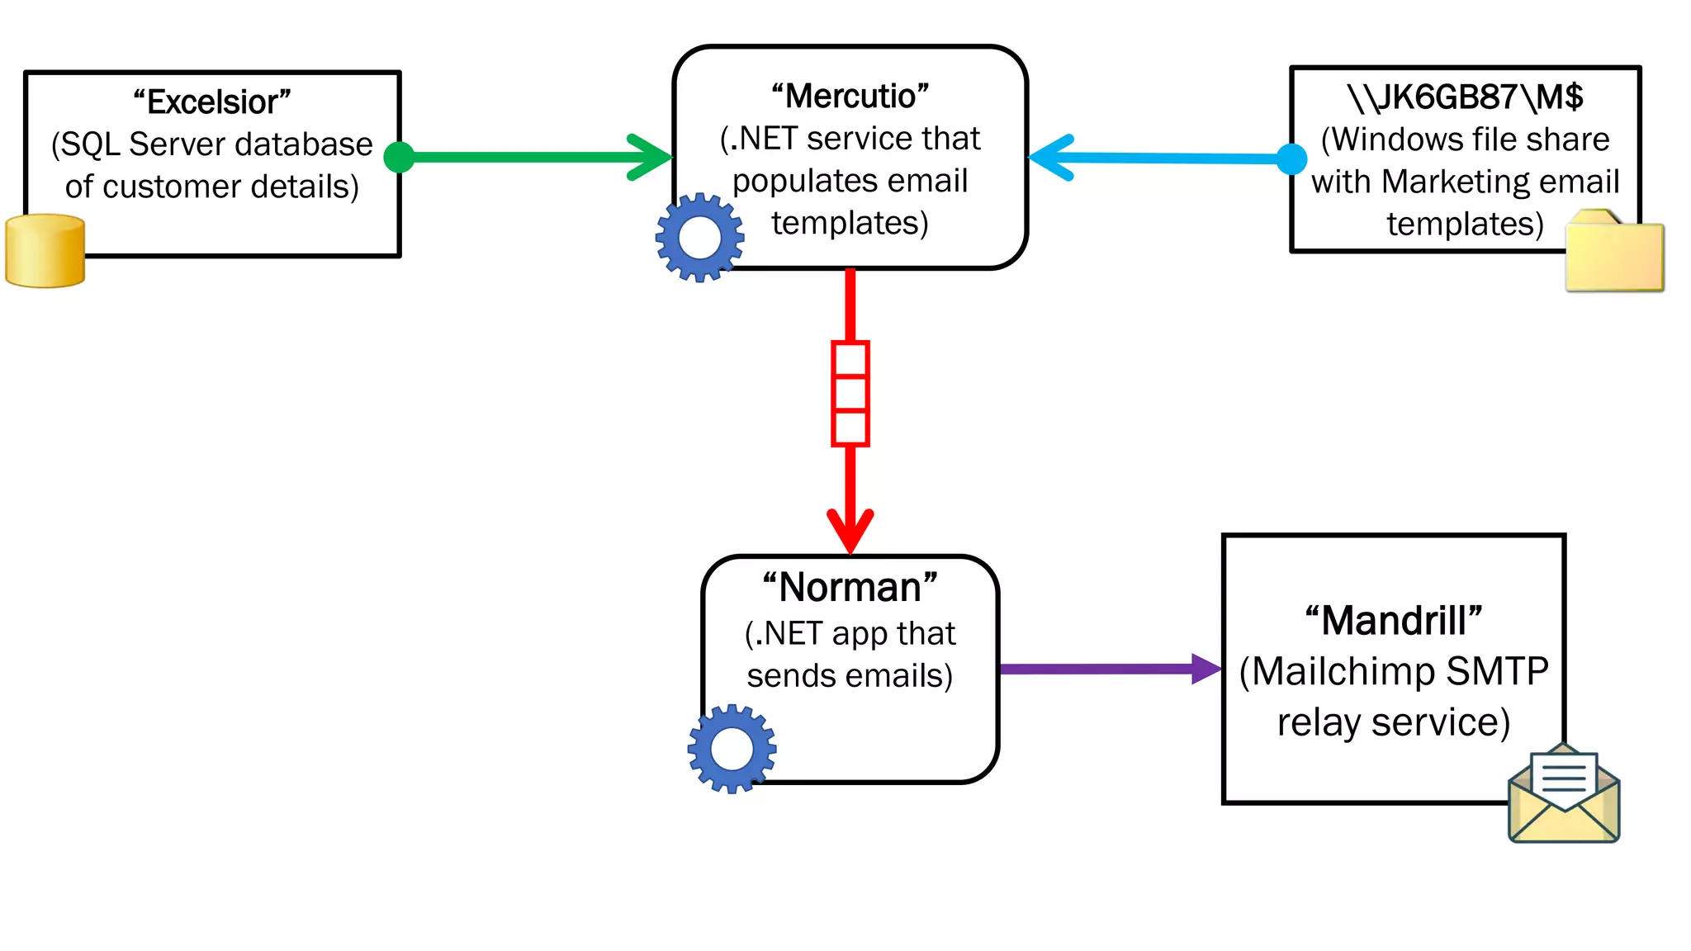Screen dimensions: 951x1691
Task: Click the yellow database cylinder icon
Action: coord(45,251)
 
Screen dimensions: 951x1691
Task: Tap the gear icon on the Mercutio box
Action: coord(699,238)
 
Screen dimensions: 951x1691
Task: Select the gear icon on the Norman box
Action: coord(732,749)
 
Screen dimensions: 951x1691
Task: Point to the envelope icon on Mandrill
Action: coord(1564,794)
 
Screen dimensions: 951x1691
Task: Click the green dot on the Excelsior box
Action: coord(400,157)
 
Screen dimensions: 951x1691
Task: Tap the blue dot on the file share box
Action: coord(1291,158)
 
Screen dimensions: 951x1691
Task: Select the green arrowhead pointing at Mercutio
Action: coord(652,157)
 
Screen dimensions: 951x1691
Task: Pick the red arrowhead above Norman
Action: coord(850,529)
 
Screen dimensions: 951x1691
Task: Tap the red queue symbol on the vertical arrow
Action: coord(850,394)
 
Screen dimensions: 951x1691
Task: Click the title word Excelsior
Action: coord(212,102)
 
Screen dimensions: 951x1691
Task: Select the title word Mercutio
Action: coord(850,97)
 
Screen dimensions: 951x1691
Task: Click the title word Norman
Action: coord(850,588)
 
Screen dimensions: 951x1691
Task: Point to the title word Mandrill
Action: coord(1394,621)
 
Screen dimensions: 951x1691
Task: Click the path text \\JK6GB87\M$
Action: coord(1465,97)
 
